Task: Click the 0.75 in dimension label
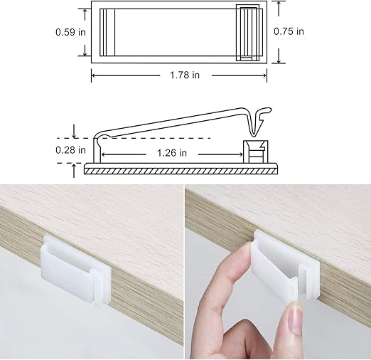[x=289, y=31]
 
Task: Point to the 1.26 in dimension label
[x=171, y=152]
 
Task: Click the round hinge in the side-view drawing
[x=102, y=137]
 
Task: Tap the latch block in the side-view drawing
[x=255, y=153]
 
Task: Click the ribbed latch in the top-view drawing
[x=247, y=33]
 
